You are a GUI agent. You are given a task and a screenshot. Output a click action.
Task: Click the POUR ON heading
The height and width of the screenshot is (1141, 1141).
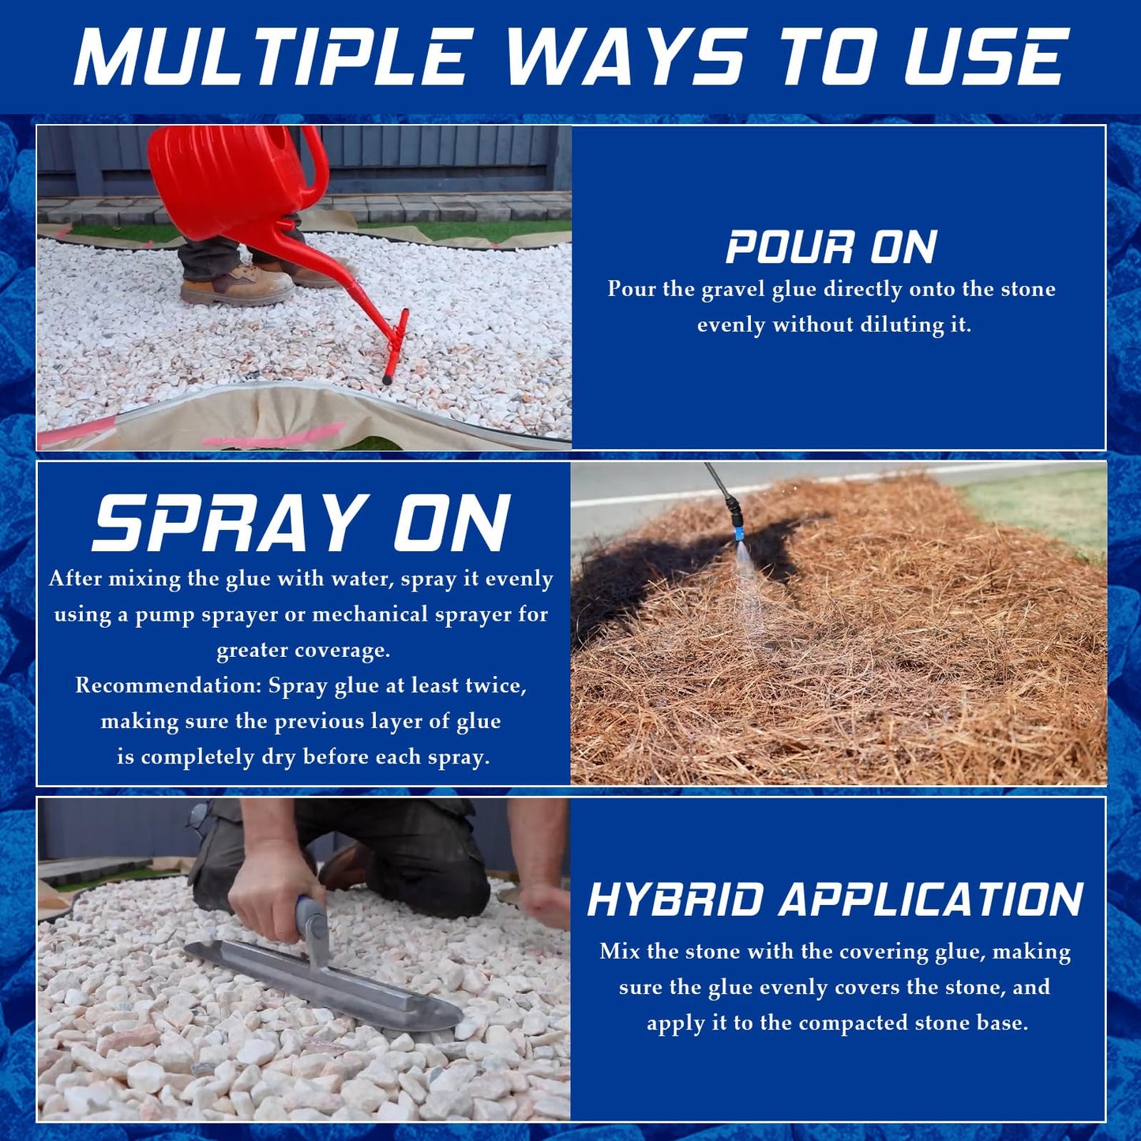point(831,247)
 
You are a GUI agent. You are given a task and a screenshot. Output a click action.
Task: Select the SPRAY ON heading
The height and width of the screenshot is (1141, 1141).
point(302,524)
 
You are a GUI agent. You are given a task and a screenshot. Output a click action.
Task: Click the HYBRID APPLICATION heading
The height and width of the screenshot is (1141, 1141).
point(835,899)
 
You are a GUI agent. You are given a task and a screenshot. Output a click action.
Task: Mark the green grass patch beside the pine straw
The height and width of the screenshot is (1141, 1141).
point(1042,505)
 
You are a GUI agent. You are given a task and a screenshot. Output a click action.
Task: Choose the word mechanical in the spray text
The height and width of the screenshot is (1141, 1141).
point(370,614)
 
